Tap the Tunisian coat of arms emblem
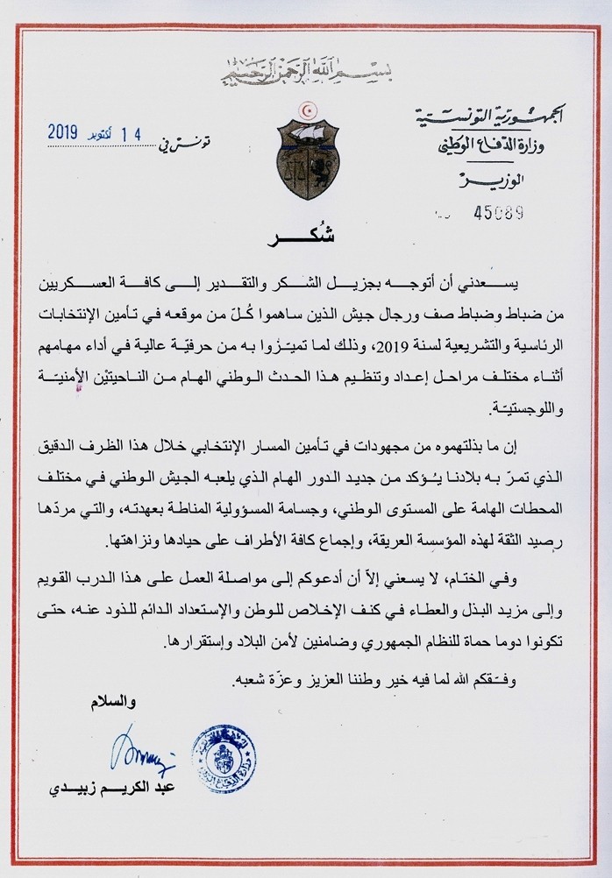tap(306, 155)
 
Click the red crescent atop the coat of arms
tap(306, 112)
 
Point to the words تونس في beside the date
tap(207, 137)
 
